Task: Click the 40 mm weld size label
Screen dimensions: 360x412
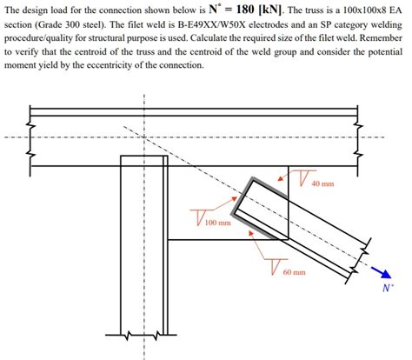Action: tap(322, 184)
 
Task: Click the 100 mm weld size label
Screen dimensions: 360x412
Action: tap(217, 223)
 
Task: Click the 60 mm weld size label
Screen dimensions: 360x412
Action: tap(294, 272)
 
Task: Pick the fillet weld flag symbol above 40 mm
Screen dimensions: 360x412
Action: tap(302, 176)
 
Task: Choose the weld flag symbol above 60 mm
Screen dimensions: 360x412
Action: tap(276, 263)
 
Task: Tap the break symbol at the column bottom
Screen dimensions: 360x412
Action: tap(130, 333)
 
